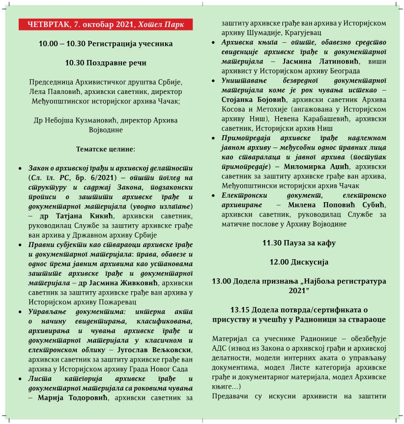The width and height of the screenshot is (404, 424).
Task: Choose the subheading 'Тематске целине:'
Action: [106, 148]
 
